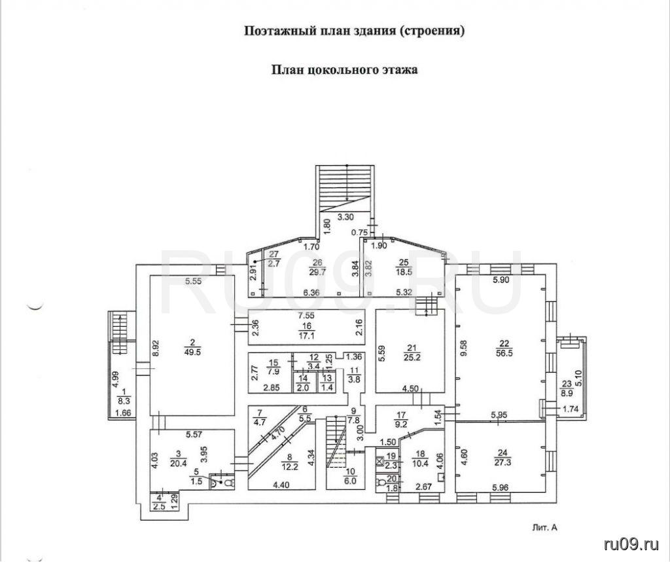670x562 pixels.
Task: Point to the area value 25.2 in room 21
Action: [x=412, y=357]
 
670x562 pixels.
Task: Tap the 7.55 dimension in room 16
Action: [x=306, y=316]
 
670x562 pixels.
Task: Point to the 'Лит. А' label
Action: [x=545, y=528]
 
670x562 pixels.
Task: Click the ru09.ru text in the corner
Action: [x=631, y=544]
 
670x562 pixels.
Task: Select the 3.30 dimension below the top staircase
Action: [x=345, y=217]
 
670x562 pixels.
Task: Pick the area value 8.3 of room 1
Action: [x=124, y=401]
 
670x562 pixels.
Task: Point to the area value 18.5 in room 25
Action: [x=404, y=272]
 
